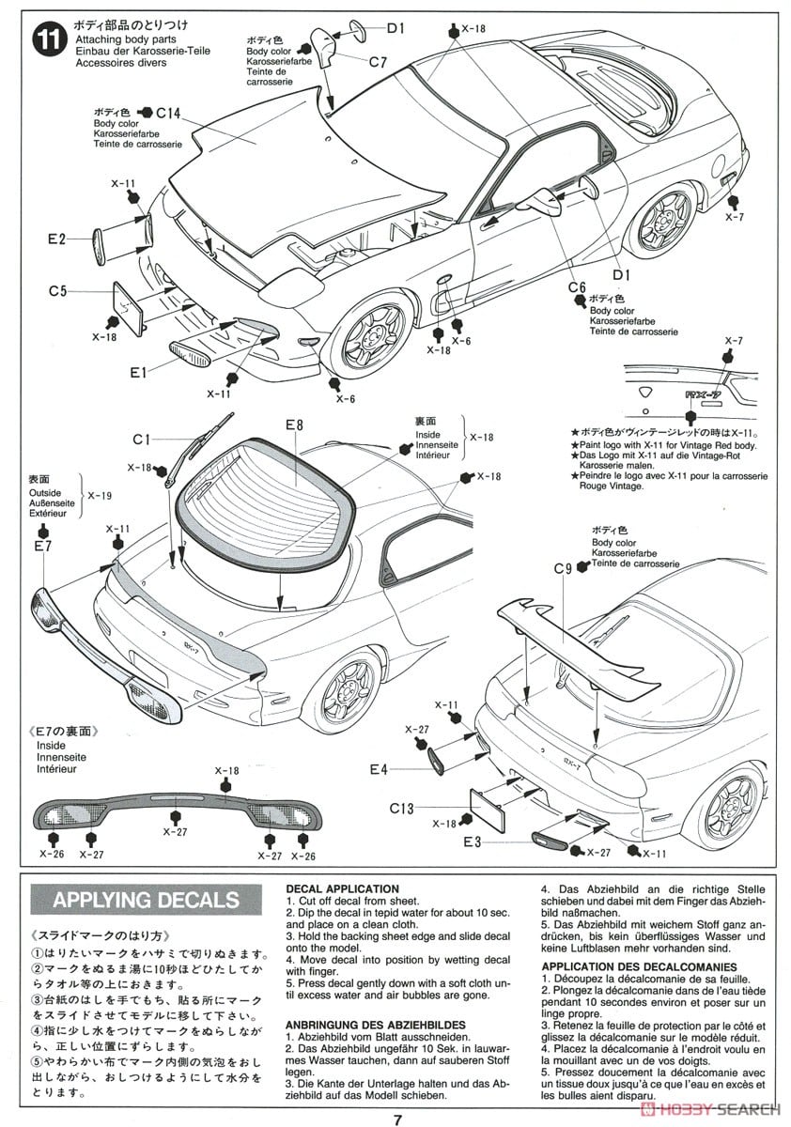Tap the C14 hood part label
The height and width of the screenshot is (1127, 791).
[x=167, y=113]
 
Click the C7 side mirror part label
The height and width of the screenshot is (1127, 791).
[x=378, y=62]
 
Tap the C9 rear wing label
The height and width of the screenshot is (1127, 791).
[x=564, y=567]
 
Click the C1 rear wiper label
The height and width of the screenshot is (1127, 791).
[x=143, y=439]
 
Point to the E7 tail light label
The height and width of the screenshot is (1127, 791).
[x=42, y=546]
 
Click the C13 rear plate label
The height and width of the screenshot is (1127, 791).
[x=402, y=807]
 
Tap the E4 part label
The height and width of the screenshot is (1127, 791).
[x=378, y=769]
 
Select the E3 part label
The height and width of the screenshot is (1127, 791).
[x=472, y=841]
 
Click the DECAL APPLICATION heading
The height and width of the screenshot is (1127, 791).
[x=342, y=888]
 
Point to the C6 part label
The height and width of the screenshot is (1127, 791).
[x=577, y=286]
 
